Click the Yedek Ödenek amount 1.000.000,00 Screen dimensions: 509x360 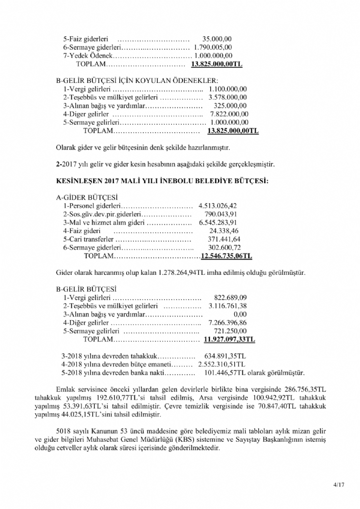(x=213, y=55)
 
